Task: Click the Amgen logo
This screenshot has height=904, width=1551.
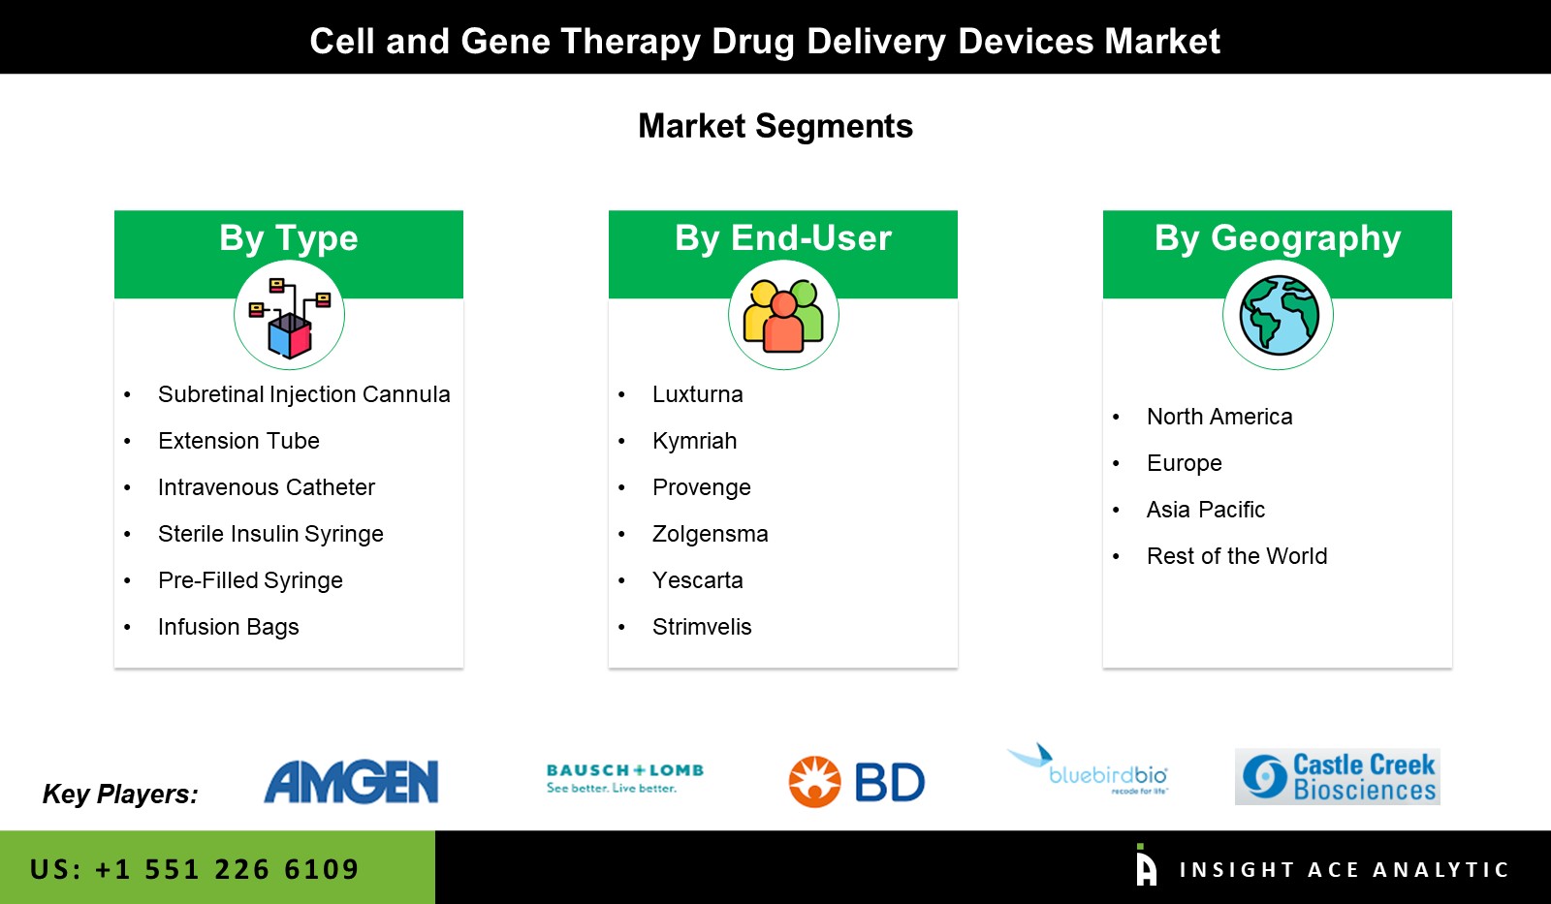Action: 351,782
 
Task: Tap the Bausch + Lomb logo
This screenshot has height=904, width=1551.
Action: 624,778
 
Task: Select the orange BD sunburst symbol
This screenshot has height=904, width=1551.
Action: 815,782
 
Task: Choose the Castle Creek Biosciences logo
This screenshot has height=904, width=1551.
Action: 1337,777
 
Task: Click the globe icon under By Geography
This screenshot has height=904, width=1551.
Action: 1279,315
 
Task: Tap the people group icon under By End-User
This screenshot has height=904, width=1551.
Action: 783,316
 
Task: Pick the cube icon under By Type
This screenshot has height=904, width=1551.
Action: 290,317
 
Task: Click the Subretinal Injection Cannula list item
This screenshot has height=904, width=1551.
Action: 304,393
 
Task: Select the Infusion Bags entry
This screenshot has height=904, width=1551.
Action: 229,627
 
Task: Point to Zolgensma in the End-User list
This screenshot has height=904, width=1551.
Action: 711,534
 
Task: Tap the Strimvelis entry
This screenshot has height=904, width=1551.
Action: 702,627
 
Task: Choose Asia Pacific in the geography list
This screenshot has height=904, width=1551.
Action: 1206,510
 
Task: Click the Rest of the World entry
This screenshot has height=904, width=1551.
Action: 1237,556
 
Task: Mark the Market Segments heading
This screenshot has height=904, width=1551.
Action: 775,127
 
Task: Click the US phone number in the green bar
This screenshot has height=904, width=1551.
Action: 195,869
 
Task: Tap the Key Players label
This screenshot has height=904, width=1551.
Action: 120,794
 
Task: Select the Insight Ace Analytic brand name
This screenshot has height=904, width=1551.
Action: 1344,869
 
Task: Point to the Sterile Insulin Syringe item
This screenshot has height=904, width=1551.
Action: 270,534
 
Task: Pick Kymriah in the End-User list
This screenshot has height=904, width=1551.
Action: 694,441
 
